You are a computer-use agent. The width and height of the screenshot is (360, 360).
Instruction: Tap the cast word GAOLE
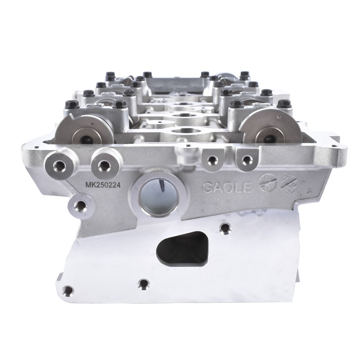point(227,187)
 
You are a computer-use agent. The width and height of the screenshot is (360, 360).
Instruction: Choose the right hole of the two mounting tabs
point(244,160)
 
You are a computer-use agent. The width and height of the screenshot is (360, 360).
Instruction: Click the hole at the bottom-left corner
point(67,290)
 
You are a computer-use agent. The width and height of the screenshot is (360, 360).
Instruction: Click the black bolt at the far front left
point(69,103)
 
